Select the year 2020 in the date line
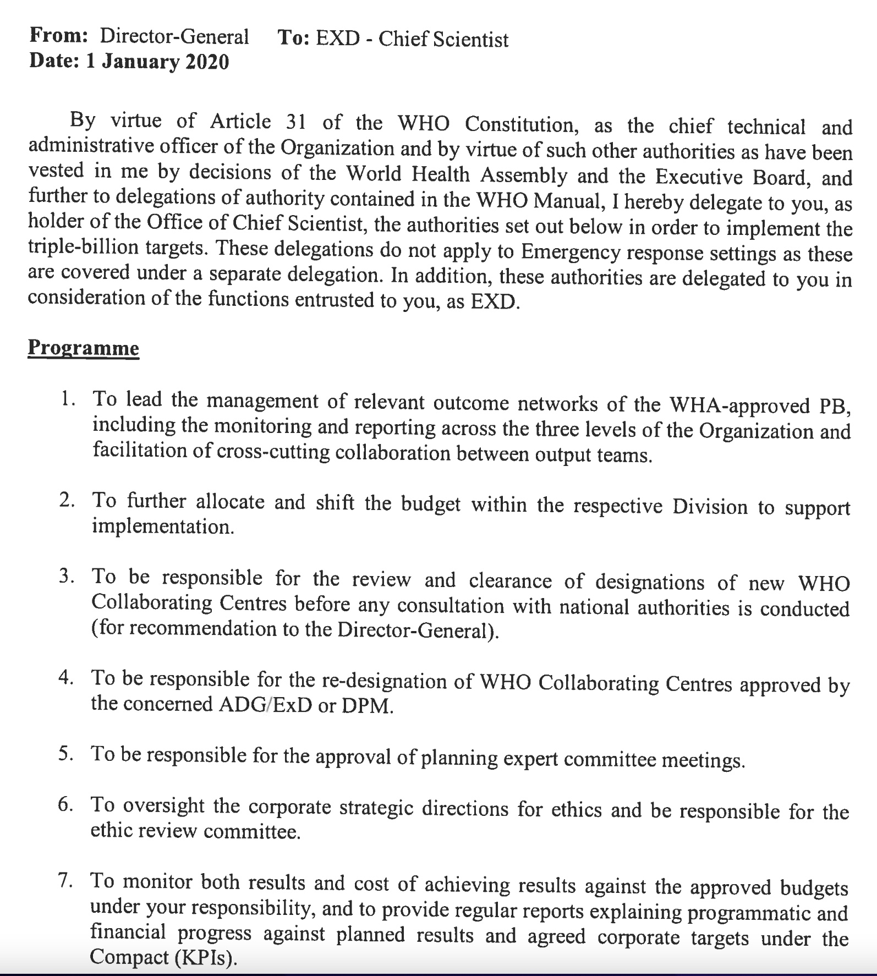coord(207,62)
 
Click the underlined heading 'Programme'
coord(83,348)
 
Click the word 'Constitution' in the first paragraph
coord(520,124)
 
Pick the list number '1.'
coord(68,398)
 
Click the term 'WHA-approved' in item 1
coord(739,405)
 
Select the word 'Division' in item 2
coord(710,506)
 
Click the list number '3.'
coord(67,577)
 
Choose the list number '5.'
coord(66,753)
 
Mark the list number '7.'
coord(66,881)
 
